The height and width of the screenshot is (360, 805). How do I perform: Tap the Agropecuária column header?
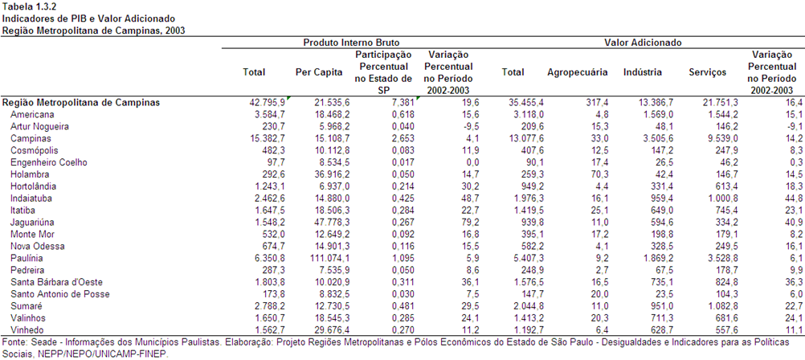click(x=578, y=72)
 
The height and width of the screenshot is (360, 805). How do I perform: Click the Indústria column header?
click(x=642, y=72)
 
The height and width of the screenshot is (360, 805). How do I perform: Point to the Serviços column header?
click(x=708, y=72)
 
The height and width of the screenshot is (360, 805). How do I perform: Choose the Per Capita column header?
click(x=319, y=72)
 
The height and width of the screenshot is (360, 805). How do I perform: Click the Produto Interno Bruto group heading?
click(x=351, y=43)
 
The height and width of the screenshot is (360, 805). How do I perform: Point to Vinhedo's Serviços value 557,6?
click(x=719, y=329)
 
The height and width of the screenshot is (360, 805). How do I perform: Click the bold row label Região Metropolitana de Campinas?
click(x=81, y=103)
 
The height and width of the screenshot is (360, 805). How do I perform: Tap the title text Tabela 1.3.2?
click(x=29, y=7)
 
